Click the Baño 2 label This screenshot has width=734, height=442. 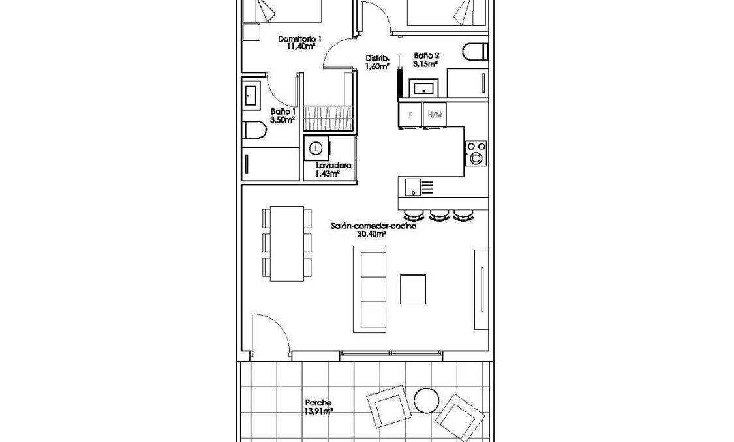[x=426, y=57]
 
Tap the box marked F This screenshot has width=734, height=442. [x=410, y=115]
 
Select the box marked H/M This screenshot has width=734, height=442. [x=434, y=115]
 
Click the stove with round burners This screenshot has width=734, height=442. [x=476, y=153]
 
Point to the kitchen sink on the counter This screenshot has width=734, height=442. [x=413, y=187]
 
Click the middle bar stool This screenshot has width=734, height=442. [x=438, y=215]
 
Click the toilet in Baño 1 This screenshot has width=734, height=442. [x=253, y=131]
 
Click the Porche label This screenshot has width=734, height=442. [x=318, y=403]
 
